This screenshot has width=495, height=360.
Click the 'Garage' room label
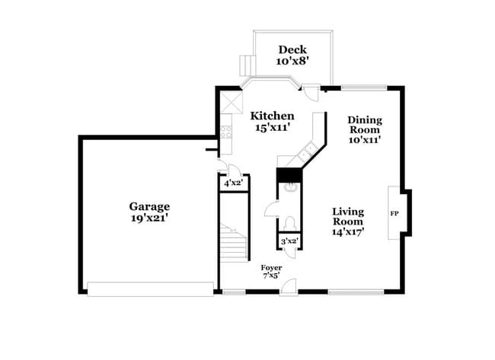pos(149,206)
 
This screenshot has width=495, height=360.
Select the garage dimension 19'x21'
pos(149,218)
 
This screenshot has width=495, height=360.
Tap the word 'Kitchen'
pos(273,116)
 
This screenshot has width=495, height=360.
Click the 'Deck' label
pos(292,50)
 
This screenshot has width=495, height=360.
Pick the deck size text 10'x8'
pos(292,62)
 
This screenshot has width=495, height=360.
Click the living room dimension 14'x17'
pos(348,232)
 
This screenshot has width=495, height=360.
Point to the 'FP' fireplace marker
pos(394,213)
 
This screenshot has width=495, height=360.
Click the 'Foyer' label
pos(271,268)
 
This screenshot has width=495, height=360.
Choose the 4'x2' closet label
pos(232,183)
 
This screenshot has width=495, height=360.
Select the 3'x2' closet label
pos(288,241)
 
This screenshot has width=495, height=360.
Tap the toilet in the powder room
pos(289,223)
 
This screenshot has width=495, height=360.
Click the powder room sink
pos(289,190)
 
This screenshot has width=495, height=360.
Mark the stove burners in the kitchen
pos(226,132)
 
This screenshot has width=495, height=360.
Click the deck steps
pos(246,64)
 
